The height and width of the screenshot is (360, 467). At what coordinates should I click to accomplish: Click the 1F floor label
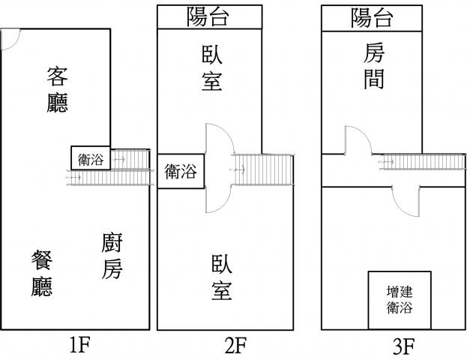pos(79,346)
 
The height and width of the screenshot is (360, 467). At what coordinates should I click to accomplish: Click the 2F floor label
pos(235,346)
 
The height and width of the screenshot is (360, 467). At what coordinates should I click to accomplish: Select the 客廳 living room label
pos(58,89)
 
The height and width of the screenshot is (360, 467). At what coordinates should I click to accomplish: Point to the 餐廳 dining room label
pos(42,273)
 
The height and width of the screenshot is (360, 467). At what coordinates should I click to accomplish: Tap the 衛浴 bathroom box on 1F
pos(91,159)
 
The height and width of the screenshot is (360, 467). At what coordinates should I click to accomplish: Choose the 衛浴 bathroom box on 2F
pos(180,171)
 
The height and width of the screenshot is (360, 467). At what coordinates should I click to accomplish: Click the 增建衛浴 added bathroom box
pos(399,299)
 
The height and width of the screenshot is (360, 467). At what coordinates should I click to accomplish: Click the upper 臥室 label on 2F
pos(212,67)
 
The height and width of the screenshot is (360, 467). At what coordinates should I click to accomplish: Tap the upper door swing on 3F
pos(357,140)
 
